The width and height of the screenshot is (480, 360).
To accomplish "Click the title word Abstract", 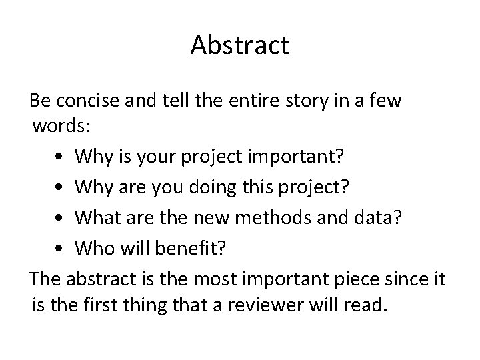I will (x=239, y=45).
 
